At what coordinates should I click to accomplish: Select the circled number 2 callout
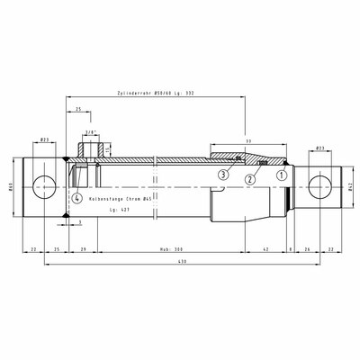coord(249,180)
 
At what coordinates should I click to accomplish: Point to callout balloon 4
coord(77,197)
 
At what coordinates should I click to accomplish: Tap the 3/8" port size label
coord(90,132)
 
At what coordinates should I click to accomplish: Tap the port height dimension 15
coord(110,149)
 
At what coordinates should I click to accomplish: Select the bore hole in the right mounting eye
coord(319,187)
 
